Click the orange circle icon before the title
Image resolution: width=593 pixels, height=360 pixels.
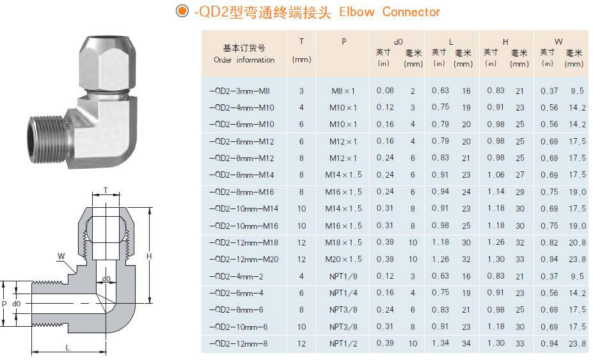(182, 12)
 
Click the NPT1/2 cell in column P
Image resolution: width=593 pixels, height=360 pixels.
(344, 343)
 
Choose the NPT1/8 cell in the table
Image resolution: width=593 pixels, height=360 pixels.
(344, 276)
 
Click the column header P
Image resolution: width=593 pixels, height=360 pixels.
(344, 42)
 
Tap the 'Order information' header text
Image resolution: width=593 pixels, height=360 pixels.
(244, 60)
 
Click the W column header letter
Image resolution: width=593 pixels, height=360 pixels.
(558, 42)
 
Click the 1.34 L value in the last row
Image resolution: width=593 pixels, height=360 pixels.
(440, 343)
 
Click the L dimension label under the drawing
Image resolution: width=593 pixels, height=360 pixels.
(68, 346)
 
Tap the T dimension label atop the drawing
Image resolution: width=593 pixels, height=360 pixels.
(106, 190)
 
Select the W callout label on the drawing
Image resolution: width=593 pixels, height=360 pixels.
(61, 256)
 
